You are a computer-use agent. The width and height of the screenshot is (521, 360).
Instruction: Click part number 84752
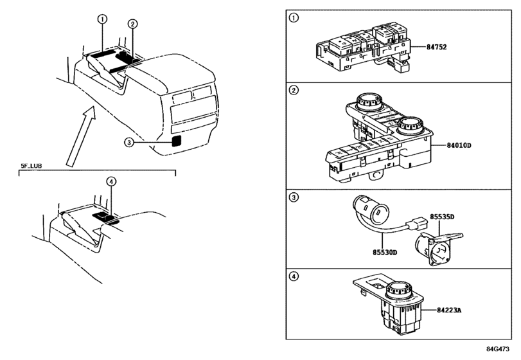(x=437, y=47)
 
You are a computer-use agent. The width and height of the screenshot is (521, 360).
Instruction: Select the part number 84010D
(x=459, y=145)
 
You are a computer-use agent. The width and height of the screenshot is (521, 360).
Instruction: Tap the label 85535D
(x=442, y=217)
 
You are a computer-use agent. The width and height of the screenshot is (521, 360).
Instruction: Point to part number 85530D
(x=385, y=252)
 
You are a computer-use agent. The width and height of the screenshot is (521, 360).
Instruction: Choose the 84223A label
(x=449, y=310)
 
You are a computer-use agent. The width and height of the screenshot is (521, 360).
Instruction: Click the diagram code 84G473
(x=498, y=349)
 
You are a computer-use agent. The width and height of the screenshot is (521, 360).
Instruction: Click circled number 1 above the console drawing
(x=102, y=19)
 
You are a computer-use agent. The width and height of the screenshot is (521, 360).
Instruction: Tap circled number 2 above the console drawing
(x=132, y=24)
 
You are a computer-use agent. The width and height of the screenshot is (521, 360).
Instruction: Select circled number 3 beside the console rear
(x=129, y=143)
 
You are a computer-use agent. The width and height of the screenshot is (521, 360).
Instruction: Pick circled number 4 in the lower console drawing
(x=111, y=181)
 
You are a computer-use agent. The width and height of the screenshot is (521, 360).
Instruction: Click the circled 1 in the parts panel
(x=294, y=17)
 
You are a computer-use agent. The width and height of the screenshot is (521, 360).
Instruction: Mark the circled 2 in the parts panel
(x=294, y=90)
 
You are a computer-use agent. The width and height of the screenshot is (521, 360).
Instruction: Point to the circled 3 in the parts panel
(x=294, y=197)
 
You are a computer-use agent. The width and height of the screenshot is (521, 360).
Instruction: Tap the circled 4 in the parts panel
(x=294, y=276)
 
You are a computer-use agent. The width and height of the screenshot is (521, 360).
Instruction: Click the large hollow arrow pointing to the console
(x=81, y=136)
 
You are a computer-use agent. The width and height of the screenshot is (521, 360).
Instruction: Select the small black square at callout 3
(x=177, y=141)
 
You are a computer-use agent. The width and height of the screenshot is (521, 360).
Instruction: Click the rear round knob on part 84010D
(x=370, y=102)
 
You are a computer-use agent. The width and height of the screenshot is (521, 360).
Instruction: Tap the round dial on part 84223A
(x=400, y=289)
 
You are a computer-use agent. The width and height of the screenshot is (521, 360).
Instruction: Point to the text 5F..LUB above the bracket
(x=31, y=166)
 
